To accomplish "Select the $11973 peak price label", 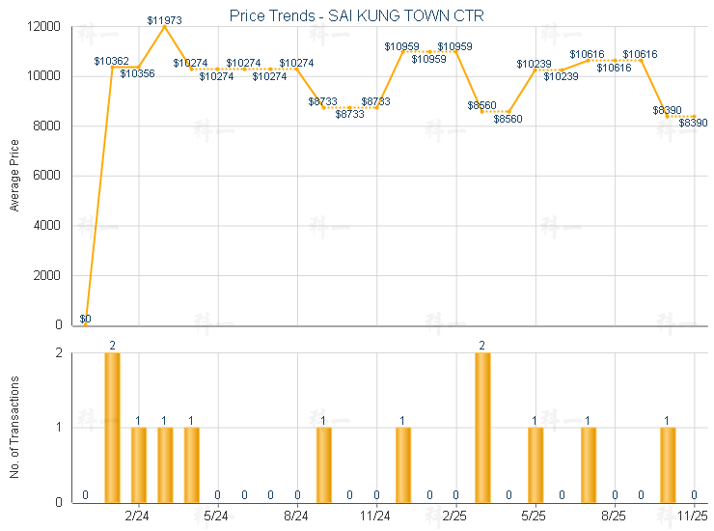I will [165, 20].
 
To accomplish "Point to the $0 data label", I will [85, 319].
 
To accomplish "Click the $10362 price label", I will [112, 61].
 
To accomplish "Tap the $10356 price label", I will [138, 73].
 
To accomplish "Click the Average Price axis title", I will [14, 176].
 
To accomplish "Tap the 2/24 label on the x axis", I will [138, 517].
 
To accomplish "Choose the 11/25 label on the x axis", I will [694, 517].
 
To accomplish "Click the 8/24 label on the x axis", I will [297, 517].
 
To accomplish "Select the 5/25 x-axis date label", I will [535, 517].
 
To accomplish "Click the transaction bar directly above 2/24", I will [139, 464].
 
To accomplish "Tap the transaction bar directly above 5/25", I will [535, 464].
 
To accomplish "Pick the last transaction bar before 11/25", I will [668, 464].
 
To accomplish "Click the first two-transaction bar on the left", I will [112, 428].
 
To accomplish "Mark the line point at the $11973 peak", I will [165, 27].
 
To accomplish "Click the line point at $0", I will [86, 325].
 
